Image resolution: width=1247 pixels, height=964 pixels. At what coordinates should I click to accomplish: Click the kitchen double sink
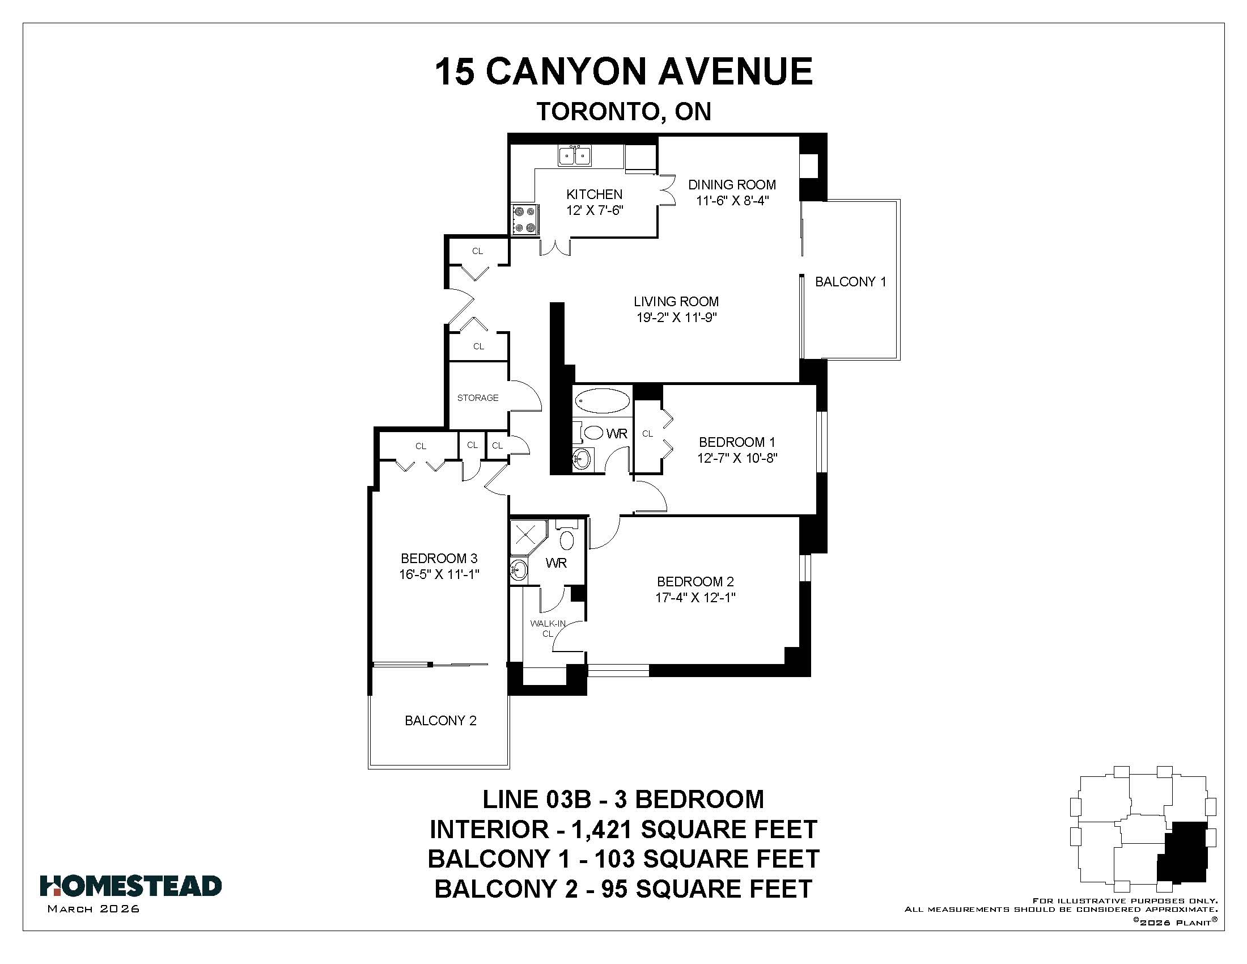point(574,155)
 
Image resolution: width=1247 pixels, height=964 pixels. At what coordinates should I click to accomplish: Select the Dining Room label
point(732,184)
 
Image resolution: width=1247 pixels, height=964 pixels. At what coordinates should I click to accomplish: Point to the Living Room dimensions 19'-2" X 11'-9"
point(677,318)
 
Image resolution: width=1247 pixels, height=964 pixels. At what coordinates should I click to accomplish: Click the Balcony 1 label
point(851,282)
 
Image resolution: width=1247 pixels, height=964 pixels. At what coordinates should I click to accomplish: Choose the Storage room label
point(478,398)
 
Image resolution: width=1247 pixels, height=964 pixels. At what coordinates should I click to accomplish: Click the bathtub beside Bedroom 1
point(602,400)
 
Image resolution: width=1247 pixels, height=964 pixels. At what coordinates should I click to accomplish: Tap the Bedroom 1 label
point(737,442)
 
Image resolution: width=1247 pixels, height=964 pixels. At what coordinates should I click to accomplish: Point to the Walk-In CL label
point(548,628)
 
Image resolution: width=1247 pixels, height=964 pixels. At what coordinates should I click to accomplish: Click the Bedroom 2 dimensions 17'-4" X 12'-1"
point(695,598)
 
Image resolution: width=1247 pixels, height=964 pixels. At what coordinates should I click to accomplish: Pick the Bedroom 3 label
point(439,559)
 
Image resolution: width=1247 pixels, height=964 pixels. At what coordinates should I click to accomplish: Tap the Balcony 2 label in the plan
point(440,721)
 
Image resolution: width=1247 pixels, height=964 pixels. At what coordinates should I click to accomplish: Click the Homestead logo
point(131,886)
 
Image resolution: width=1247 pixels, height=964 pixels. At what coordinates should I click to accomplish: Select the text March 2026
point(94,909)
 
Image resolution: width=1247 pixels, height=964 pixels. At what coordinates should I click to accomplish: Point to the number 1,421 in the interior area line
point(602,829)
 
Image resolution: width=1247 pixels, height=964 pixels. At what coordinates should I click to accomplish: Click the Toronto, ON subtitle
point(624,111)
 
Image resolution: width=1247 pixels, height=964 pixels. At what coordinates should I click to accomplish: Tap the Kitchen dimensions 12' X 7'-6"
point(595,210)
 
